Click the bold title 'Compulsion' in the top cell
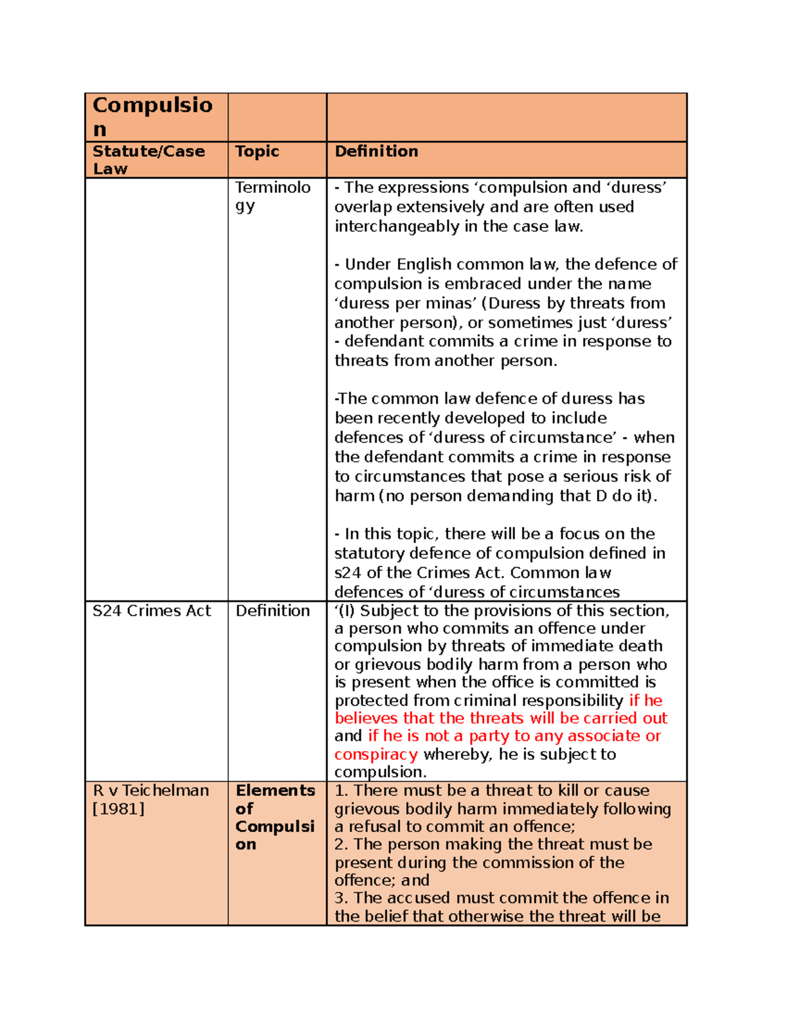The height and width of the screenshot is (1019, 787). tap(152, 116)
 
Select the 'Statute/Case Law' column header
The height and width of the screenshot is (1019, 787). tap(148, 159)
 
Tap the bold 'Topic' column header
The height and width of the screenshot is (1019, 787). tap(257, 152)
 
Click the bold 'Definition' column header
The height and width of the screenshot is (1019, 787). tap(376, 152)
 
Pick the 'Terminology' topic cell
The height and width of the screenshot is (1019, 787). tap(273, 196)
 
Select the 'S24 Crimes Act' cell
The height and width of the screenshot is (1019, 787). tap(151, 611)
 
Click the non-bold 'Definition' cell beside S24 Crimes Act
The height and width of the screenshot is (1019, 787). tap(272, 611)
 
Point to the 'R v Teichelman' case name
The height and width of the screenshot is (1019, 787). tap(151, 791)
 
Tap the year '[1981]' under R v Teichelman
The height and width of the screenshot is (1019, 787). tap(119, 809)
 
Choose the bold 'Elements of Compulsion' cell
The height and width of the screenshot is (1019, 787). tap(275, 818)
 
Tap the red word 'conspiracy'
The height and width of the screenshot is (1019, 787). tap(376, 755)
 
